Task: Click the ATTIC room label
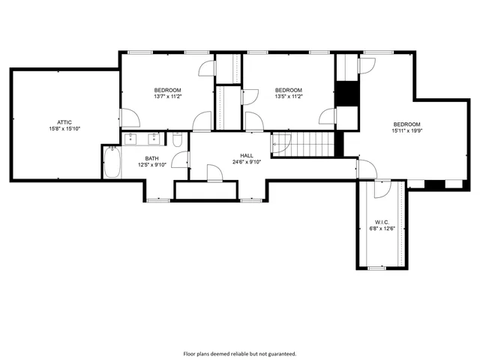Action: [x=64, y=121]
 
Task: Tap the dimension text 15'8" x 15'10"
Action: [x=64, y=128]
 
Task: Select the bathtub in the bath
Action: [x=112, y=163]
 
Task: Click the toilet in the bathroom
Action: [x=176, y=140]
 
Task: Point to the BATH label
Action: [x=151, y=158]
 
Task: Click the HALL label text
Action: [x=247, y=155]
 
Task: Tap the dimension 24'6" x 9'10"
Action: [x=247, y=162]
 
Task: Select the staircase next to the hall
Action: [x=301, y=142]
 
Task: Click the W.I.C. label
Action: [x=381, y=222]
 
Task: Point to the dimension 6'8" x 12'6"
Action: [x=381, y=229]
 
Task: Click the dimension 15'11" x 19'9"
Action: [x=406, y=130]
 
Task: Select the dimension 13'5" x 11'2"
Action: [x=288, y=96]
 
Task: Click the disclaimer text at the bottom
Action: [x=240, y=352]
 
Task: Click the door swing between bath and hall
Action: [x=180, y=159]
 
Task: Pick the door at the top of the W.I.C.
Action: [x=382, y=188]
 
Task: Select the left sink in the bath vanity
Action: [x=132, y=139]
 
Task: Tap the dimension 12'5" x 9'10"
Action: [x=151, y=165]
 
